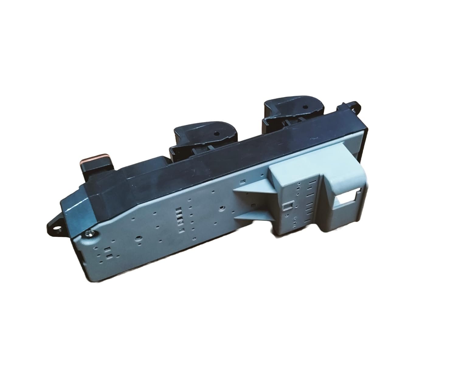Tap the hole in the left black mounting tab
[56, 226]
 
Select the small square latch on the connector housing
[287, 207]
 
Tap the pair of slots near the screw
[107, 253]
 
